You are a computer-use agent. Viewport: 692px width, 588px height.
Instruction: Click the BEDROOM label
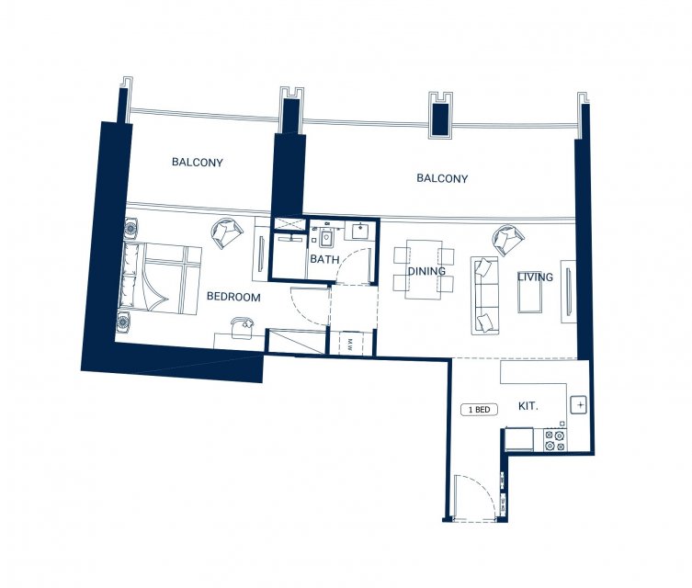point(233,297)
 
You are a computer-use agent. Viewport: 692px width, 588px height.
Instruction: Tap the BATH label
point(324,259)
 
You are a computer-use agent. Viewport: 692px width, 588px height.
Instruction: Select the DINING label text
point(426,271)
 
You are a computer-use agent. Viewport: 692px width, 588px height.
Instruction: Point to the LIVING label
point(535,277)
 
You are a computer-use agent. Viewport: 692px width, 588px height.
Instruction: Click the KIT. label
point(528,406)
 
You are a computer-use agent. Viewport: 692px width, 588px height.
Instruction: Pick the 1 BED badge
point(480,410)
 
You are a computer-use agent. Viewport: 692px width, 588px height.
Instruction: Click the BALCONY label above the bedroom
point(198,163)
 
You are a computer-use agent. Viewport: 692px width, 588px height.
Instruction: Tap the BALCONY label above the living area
point(442,178)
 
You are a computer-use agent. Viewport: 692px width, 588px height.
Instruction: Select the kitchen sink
point(579,404)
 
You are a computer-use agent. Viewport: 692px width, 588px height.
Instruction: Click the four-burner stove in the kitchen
point(555,441)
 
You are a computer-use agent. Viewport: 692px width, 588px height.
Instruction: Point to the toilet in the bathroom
point(326,238)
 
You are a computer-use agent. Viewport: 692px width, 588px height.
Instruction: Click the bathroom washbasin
point(360,232)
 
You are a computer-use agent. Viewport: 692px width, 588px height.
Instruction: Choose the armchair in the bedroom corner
point(227,232)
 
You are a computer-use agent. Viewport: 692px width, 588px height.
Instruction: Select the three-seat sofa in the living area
point(485,296)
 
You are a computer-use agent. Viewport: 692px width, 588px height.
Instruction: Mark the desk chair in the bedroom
point(243,328)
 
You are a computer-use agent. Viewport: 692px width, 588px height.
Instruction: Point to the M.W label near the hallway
point(350,344)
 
